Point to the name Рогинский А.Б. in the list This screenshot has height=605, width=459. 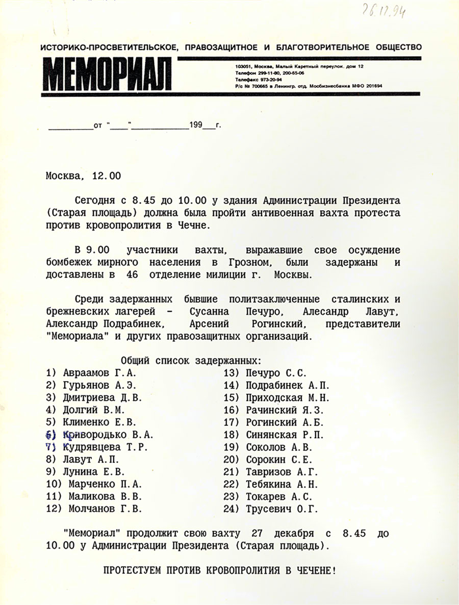(x=285, y=422)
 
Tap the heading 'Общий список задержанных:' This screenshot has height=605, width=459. (x=191, y=361)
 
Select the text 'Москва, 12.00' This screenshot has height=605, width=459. (x=83, y=176)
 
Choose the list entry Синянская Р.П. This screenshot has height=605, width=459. (x=285, y=435)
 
